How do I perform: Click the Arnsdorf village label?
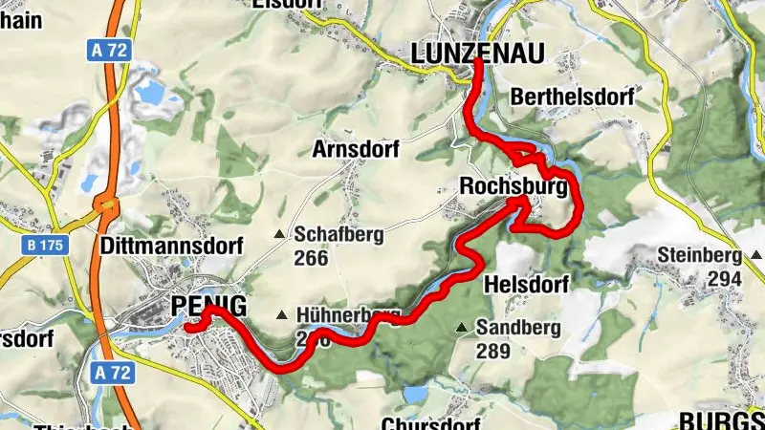click(355, 149)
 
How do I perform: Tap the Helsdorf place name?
click(527, 284)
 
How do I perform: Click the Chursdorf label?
click(428, 422)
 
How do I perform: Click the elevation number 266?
click(311, 258)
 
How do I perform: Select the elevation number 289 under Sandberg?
click(493, 351)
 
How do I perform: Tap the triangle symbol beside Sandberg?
click(462, 328)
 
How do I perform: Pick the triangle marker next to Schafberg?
click(279, 234)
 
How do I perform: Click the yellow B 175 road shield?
click(45, 246)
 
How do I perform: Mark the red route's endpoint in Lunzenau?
click(476, 60)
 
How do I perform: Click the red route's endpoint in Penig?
click(188, 328)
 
